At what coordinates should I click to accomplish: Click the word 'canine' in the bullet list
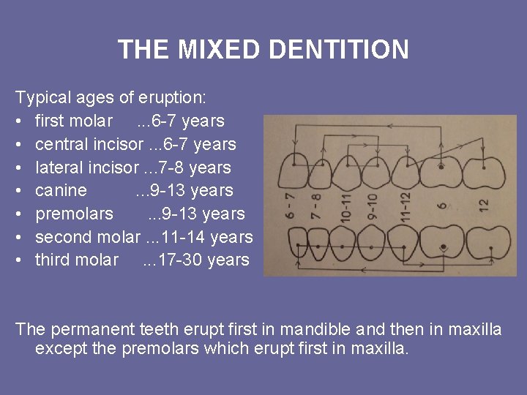(x=61, y=190)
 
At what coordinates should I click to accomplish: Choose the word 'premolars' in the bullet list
(x=74, y=214)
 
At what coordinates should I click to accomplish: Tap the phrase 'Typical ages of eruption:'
(x=111, y=97)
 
